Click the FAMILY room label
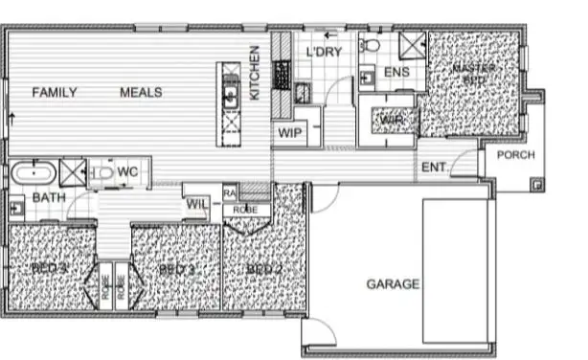(x=54, y=93)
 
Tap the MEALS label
(x=140, y=93)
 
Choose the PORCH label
(x=517, y=156)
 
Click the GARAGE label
(x=393, y=284)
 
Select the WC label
(x=128, y=172)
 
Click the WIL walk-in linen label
(x=197, y=203)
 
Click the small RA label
(x=230, y=191)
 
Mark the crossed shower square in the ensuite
(x=411, y=46)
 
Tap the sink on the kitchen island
(x=230, y=94)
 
